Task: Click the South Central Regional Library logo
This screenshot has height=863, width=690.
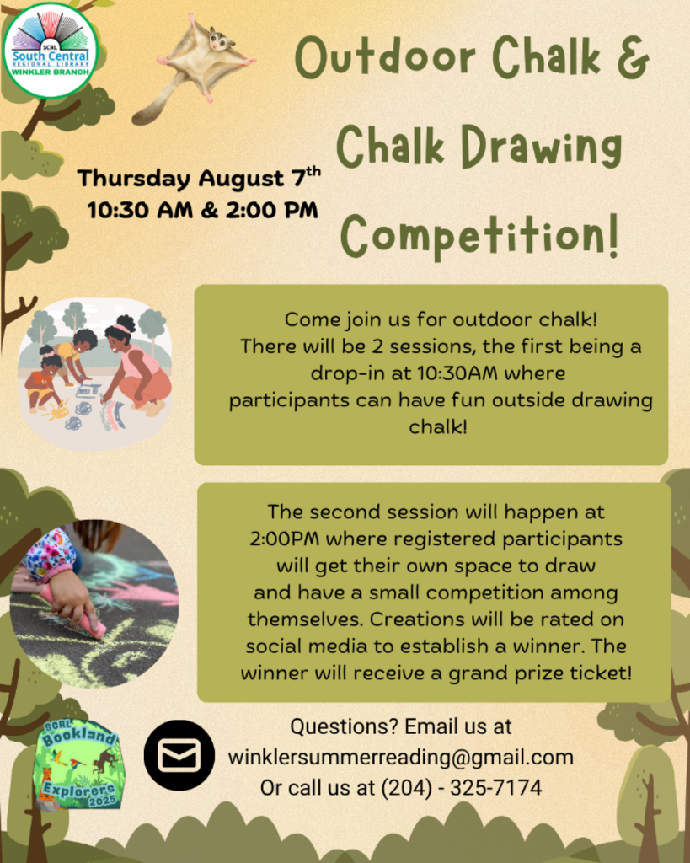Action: click(50, 50)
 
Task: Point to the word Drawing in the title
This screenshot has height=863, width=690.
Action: click(542, 147)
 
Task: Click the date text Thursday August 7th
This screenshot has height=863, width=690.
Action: click(199, 178)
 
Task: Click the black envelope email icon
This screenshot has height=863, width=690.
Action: click(179, 755)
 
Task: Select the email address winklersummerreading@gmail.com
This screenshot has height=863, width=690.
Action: click(400, 758)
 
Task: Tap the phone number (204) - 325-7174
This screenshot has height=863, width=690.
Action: click(462, 788)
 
